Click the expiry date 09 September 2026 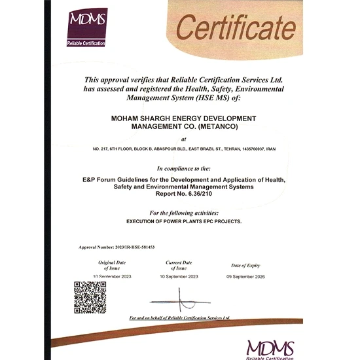tap(245, 276)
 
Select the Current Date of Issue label tap(179, 264)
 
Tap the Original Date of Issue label tap(111, 264)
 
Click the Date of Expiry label tap(245, 265)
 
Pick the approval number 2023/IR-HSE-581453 tap(128, 247)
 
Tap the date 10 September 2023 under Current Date tap(179, 276)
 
